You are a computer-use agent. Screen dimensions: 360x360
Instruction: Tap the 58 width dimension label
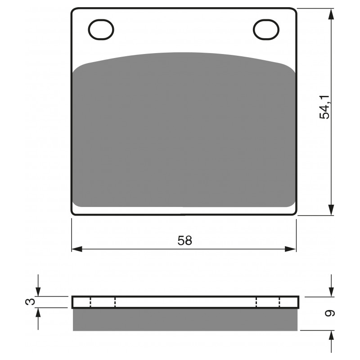coord(184,241)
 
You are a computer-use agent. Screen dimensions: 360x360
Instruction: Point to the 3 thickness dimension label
coord(30,301)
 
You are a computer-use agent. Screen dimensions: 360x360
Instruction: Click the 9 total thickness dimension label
coord(330,313)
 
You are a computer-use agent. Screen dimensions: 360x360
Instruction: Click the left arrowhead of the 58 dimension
coord(77,249)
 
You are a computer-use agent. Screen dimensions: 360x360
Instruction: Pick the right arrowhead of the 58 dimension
coord(290,249)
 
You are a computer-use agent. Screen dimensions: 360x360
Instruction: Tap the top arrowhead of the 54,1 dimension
coord(331,14)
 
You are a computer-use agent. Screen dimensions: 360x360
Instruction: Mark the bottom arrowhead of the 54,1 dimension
coord(331,210)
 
